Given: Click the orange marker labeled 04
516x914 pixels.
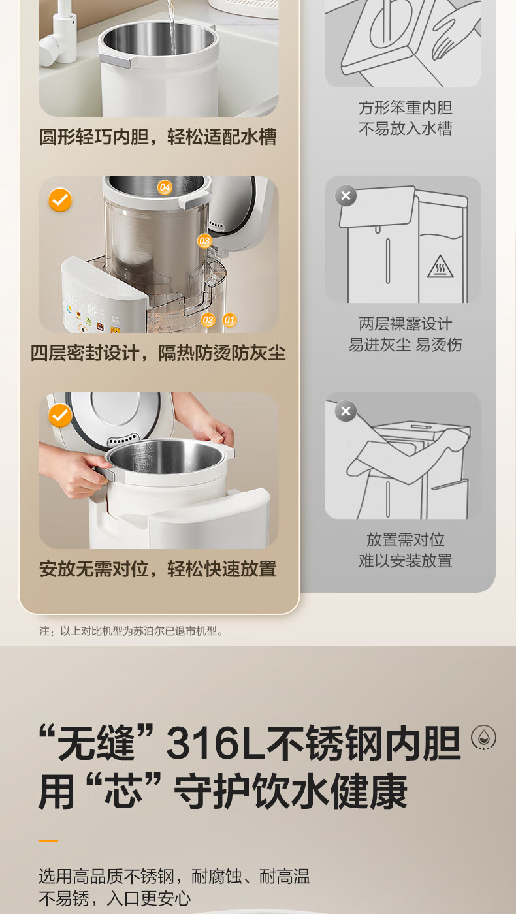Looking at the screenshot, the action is tap(165, 187).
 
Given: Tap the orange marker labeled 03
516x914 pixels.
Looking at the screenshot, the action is tap(204, 241).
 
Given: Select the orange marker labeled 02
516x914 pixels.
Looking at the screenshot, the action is tap(208, 319).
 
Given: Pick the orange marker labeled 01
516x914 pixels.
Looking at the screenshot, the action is tap(229, 319).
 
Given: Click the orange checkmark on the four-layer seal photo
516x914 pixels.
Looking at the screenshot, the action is tap(60, 200).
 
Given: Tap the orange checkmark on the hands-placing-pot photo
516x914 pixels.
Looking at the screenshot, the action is tap(60, 415).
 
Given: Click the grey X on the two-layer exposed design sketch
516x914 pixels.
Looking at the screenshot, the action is tap(346, 196).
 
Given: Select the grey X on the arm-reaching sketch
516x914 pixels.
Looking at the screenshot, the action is tap(346, 411).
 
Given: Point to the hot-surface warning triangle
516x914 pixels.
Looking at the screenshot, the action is tap(440, 267).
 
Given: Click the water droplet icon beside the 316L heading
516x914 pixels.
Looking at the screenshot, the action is tap(484, 738).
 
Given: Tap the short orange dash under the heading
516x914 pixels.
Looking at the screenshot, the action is tap(48, 841).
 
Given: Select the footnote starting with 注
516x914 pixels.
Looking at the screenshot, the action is tap(131, 631).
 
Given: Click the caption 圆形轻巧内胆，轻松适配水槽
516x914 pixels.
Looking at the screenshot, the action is tap(158, 136).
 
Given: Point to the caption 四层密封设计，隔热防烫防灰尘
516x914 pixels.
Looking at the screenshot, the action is tap(158, 353).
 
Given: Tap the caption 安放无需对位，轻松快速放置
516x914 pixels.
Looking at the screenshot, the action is tap(158, 569).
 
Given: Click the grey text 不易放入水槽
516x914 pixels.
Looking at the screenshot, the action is tap(406, 129).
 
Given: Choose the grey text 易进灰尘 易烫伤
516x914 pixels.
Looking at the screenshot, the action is tap(406, 345).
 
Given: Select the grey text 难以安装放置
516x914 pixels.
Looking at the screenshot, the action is tap(406, 561).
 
